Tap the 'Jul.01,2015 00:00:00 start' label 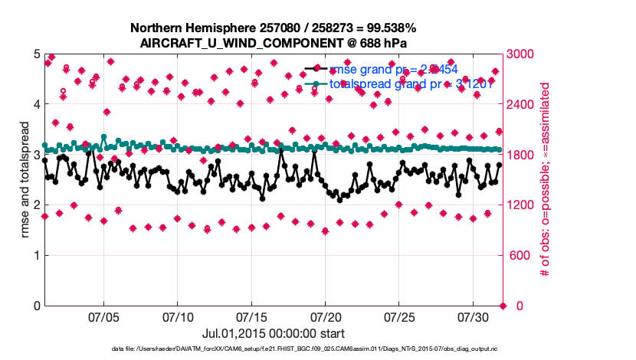273,333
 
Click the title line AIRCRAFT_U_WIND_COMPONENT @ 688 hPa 274,42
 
